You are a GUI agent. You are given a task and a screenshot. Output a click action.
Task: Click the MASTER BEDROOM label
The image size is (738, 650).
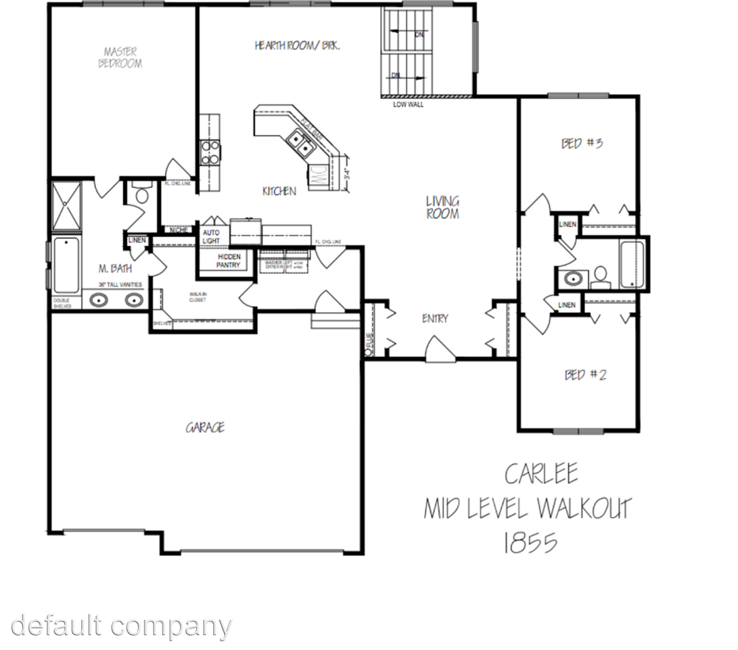pos(120,58)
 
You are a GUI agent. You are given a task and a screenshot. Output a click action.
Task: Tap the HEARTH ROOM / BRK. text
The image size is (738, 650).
pos(297,46)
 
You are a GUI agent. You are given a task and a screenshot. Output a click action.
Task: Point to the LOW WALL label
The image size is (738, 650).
pos(409,105)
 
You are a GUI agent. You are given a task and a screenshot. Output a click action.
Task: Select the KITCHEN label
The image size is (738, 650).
pos(279,192)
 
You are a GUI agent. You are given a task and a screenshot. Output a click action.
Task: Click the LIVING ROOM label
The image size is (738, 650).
pos(443,207)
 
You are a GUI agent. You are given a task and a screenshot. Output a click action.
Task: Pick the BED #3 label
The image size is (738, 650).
pos(582,144)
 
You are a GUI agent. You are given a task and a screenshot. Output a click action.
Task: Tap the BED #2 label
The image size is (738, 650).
pos(585,374)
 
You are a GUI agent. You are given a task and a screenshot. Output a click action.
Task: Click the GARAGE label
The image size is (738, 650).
pos(205,427)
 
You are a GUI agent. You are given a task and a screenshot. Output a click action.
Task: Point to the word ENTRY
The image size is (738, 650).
pos(435,319)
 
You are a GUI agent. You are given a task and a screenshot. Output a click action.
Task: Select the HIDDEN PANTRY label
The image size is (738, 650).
pos(229,261)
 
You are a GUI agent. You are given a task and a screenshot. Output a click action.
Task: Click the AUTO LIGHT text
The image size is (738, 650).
pos(211,237)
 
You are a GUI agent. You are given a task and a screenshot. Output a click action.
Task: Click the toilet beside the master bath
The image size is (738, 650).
pos(142,195)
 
